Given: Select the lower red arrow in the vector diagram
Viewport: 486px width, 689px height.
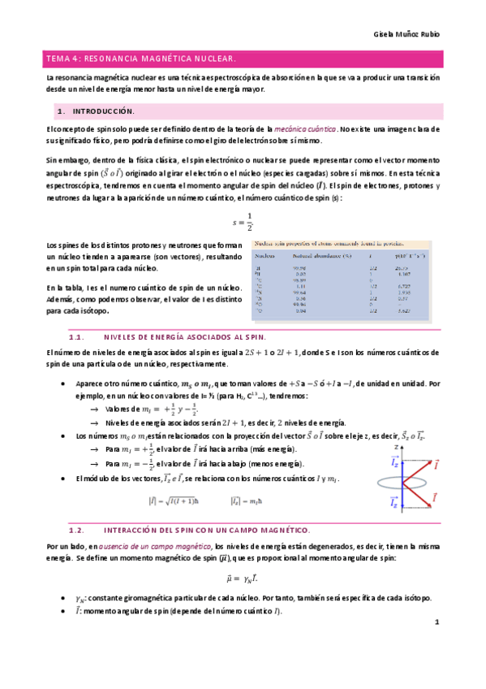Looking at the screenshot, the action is (x=415, y=491).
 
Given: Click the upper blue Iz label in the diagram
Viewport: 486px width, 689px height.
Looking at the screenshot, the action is (x=394, y=461).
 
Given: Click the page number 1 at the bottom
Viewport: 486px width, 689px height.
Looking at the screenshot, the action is (x=436, y=623).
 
